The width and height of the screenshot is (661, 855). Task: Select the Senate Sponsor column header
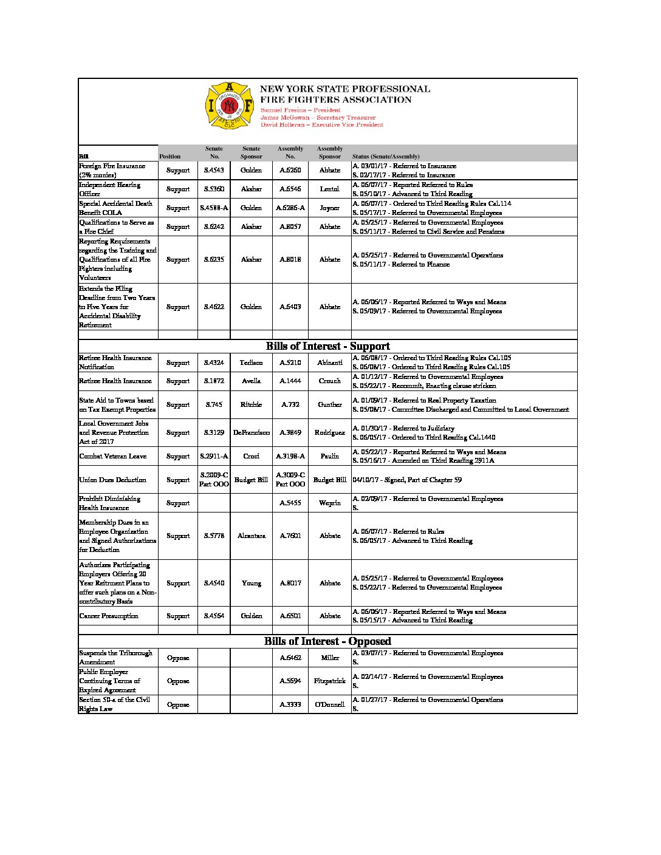(251, 152)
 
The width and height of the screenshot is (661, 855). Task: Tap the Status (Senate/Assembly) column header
(386, 157)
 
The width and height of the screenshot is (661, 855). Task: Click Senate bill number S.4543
(214, 171)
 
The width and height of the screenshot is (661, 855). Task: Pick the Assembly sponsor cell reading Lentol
(330, 189)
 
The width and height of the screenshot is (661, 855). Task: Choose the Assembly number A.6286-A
(290, 208)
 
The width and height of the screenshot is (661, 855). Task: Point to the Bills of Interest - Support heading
(327, 346)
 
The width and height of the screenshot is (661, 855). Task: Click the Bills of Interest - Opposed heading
(327, 641)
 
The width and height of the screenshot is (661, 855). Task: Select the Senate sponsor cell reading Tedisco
(251, 363)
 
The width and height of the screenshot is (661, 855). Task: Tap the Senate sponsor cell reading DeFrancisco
(251, 433)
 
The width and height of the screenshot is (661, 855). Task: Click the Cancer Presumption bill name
(109, 616)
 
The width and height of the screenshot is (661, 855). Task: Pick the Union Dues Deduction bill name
(112, 480)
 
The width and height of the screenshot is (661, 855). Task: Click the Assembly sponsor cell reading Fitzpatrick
(330, 681)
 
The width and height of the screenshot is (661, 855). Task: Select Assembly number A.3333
(290, 705)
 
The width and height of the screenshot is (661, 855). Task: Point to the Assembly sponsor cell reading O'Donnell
(330, 705)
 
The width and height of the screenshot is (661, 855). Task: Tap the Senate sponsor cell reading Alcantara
(251, 536)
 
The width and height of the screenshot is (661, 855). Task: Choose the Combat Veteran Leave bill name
(112, 457)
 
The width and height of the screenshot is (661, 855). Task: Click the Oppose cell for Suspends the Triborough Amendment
(178, 658)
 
